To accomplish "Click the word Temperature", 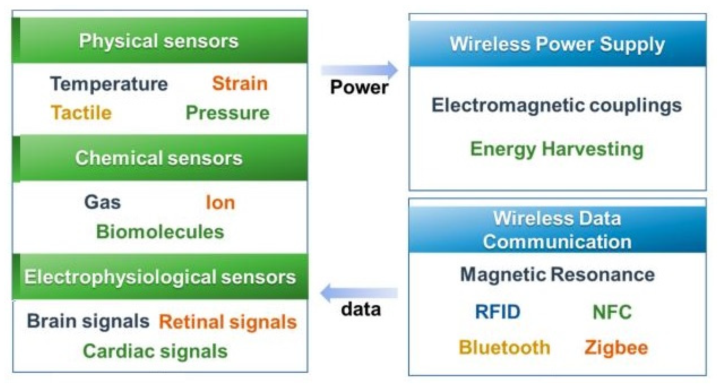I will coord(109,84).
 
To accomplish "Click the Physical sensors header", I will coord(159,41).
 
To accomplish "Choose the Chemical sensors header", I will coord(159,158).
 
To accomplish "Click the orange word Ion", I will coord(220,203).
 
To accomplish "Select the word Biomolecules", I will coord(160,232).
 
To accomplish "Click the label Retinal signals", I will coord(228,322).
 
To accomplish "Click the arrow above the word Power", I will coord(359,70).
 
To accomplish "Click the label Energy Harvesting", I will coord(557,149).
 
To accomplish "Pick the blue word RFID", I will coord(498,312).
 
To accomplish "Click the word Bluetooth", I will coord(504,348).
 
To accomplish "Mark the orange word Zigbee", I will coord(616,348).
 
